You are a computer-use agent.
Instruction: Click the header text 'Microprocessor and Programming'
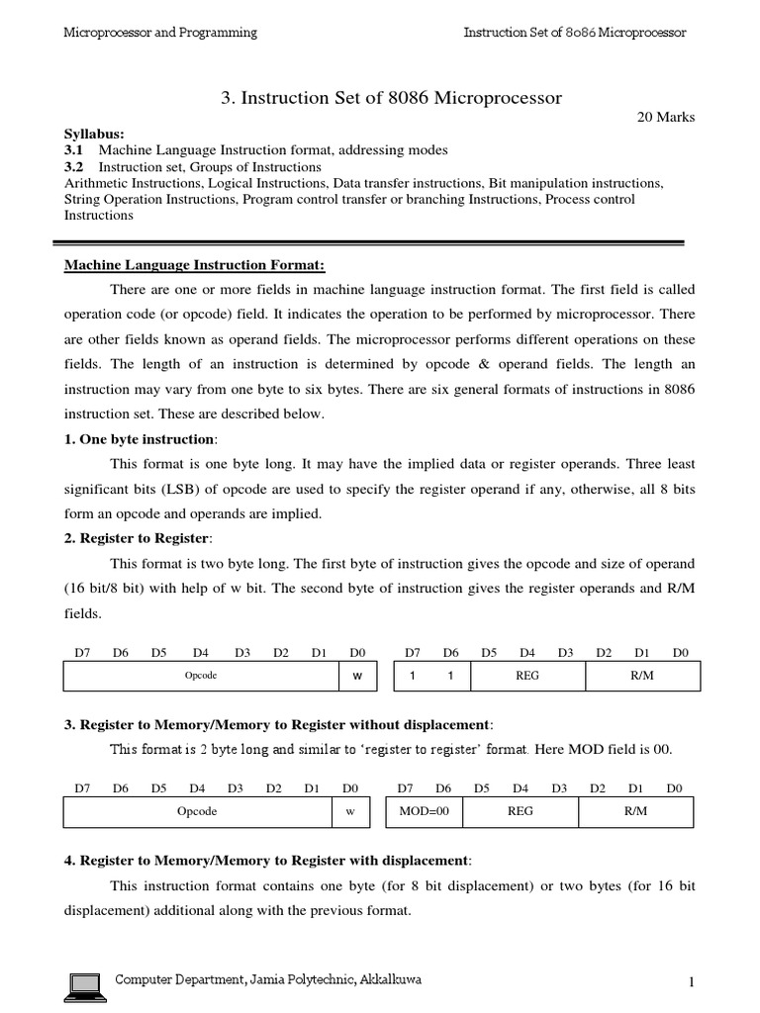160,33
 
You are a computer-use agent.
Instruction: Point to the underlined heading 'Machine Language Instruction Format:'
194,265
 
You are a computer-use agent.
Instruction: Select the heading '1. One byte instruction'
139,439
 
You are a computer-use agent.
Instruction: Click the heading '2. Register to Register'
138,538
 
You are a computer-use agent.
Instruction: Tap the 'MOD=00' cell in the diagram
424,811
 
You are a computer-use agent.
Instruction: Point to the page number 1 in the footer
694,981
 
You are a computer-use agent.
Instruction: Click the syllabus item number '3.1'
74,150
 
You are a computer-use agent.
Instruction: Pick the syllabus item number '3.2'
74,167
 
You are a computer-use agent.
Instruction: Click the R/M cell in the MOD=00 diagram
635,811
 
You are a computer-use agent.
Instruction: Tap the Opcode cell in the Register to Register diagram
201,675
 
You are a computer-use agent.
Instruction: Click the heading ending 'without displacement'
278,723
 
